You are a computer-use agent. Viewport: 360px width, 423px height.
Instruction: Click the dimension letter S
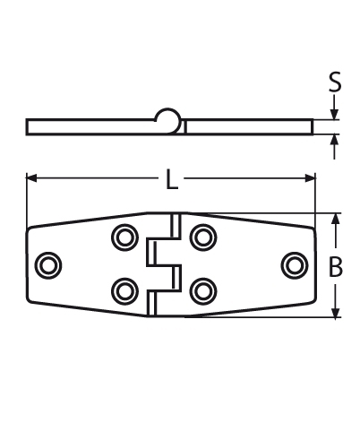(x=335, y=83)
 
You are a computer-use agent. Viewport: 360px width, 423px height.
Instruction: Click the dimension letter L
(x=172, y=180)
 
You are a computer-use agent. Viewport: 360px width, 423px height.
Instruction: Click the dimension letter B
(x=337, y=266)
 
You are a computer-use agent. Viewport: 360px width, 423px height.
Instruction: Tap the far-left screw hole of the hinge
(x=49, y=264)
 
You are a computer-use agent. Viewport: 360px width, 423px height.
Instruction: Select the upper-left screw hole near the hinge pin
(x=124, y=237)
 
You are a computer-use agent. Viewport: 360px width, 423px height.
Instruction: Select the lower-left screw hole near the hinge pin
(x=124, y=289)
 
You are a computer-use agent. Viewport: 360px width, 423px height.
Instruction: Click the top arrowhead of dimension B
(x=337, y=219)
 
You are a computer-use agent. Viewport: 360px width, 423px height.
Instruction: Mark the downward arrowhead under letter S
(x=335, y=114)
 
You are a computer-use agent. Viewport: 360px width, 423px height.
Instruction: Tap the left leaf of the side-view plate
(x=90, y=126)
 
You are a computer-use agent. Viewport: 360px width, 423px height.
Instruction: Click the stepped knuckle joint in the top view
(x=163, y=264)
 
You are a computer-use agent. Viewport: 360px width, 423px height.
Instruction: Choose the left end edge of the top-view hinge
(x=28, y=264)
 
